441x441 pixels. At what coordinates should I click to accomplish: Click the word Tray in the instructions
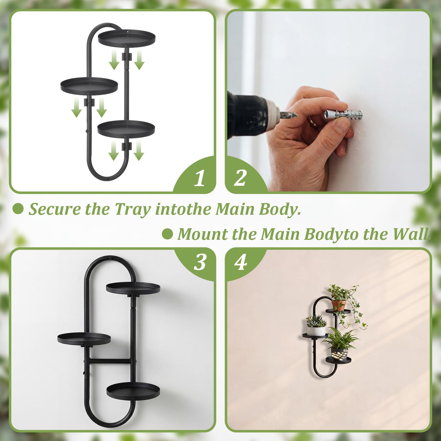click(x=133, y=209)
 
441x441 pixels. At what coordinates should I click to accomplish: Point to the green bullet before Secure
click(x=18, y=209)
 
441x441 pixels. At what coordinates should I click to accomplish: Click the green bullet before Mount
click(x=167, y=234)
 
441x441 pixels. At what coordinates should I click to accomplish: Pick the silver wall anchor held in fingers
click(x=343, y=114)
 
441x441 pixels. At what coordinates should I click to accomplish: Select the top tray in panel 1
click(x=127, y=38)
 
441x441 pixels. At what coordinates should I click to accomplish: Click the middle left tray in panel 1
click(x=89, y=86)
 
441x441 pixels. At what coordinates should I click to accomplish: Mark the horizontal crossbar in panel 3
click(x=109, y=361)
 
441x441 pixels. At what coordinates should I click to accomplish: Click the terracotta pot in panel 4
click(x=338, y=305)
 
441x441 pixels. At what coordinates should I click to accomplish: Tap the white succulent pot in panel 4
click(x=316, y=330)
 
